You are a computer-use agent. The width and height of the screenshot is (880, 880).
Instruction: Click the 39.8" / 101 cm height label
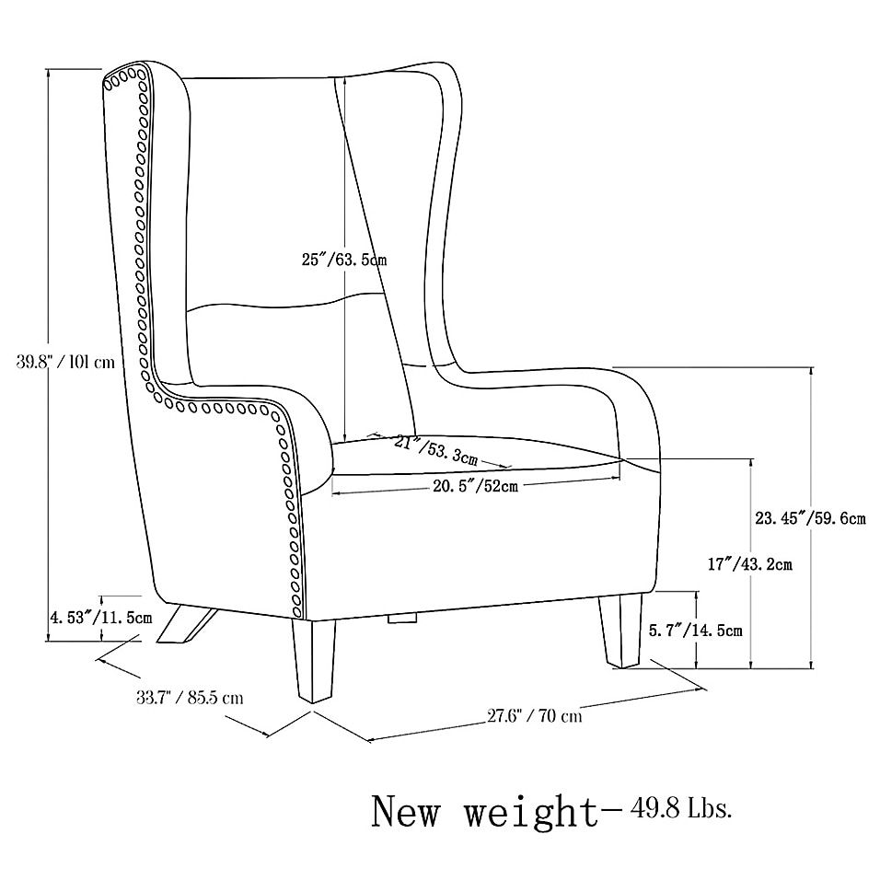[65, 362]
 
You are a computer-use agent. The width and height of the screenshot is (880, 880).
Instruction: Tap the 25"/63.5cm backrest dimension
[344, 260]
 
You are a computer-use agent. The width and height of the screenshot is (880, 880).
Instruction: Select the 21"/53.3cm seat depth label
[435, 450]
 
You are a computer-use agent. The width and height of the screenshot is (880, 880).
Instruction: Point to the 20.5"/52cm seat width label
[475, 486]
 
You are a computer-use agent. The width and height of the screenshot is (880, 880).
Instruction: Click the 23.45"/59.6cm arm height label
[810, 518]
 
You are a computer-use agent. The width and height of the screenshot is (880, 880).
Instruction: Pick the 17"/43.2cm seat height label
[749, 563]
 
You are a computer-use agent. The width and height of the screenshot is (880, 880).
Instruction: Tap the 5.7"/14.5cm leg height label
[696, 631]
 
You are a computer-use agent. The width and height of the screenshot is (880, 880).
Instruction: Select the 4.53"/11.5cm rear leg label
[101, 618]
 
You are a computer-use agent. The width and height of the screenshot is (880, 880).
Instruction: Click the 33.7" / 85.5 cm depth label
[190, 698]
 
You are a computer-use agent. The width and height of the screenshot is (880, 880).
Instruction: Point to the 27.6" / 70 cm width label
[534, 716]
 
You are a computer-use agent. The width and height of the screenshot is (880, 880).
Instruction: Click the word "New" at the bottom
[406, 812]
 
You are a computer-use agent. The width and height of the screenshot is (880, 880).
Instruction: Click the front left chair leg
[312, 660]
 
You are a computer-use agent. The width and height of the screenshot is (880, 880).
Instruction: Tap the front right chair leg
[620, 631]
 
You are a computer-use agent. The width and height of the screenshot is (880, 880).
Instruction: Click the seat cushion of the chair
[477, 456]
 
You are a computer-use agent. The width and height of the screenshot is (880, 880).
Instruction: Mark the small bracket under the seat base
[402, 618]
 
